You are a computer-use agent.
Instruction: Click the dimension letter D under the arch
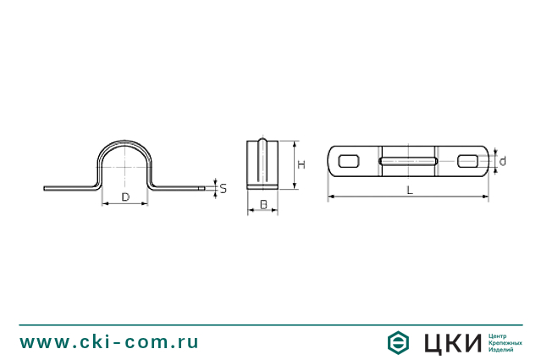[x=125, y=197]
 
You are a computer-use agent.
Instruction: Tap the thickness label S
[x=224, y=189]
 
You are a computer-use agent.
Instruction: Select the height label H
[x=301, y=164]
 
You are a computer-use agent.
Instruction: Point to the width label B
[x=263, y=205]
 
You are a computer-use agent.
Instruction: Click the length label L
[x=410, y=191]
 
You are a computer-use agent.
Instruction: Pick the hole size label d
[x=503, y=161]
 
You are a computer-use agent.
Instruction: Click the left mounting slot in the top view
[x=349, y=161]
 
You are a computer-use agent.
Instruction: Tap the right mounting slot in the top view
[x=468, y=161]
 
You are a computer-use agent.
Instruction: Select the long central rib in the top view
[x=409, y=161]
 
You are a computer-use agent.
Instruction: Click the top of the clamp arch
[x=124, y=142]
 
